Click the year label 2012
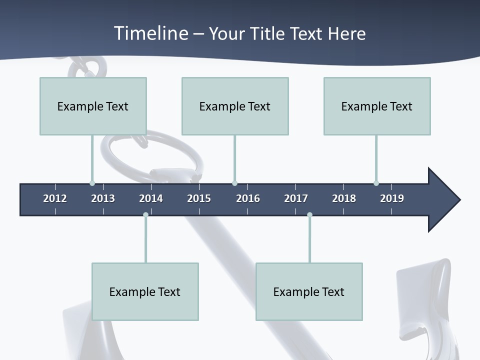tap(55, 198)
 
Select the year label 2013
tap(103, 198)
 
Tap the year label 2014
tap(151, 198)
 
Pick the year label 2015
tap(199, 198)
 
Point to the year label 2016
tap(248, 198)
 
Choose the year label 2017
tap(296, 198)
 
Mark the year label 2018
tap(344, 198)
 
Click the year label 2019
tap(392, 198)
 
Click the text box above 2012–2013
tap(93, 106)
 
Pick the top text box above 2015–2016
tap(235, 106)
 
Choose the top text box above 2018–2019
tap(377, 106)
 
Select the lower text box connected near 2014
tap(145, 291)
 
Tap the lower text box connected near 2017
tap(309, 291)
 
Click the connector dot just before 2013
tap(92, 183)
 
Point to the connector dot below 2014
tap(145, 215)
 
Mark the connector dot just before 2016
tap(234, 183)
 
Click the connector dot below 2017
tap(309, 215)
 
